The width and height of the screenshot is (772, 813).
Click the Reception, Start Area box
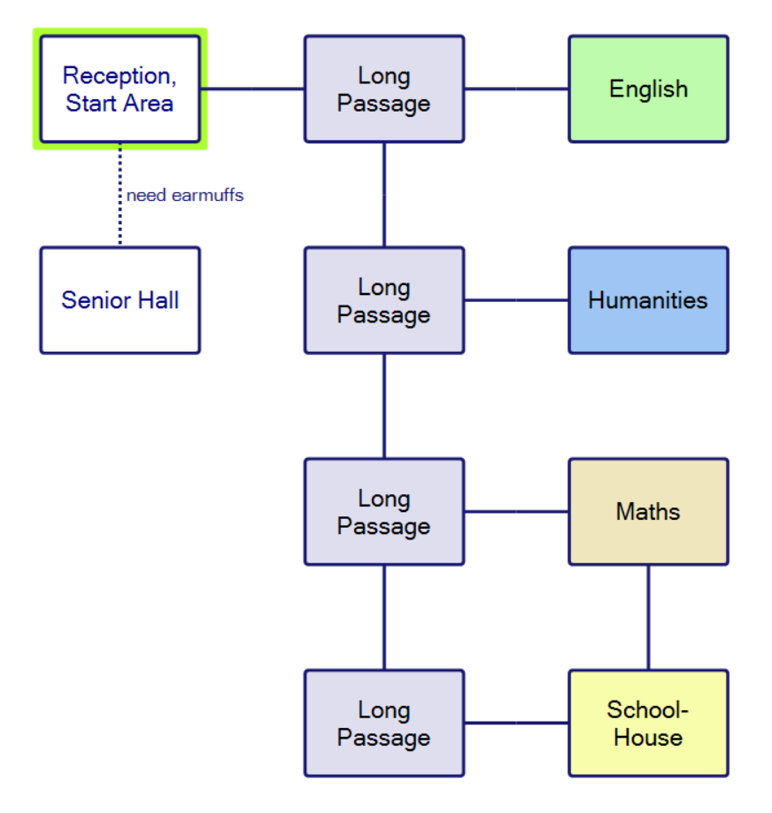(120, 89)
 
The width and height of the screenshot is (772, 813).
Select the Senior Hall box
(120, 300)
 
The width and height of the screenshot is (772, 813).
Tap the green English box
(648, 89)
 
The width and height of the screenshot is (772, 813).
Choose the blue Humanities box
(648, 300)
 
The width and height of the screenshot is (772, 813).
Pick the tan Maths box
(648, 512)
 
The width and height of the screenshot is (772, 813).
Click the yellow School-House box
(648, 724)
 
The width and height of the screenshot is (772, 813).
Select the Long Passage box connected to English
(384, 89)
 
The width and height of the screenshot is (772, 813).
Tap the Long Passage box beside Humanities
(384, 300)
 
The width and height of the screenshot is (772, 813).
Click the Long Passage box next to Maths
(384, 512)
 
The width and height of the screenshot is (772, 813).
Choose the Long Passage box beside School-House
(384, 724)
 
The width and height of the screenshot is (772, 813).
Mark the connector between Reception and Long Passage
(252, 89)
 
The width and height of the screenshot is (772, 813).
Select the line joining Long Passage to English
(516, 89)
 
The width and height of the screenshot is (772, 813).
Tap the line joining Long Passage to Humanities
(516, 300)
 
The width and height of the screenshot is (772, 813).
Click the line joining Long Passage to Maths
(516, 512)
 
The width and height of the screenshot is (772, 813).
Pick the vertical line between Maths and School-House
(648, 617)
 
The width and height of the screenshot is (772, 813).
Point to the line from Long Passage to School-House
(516, 724)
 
